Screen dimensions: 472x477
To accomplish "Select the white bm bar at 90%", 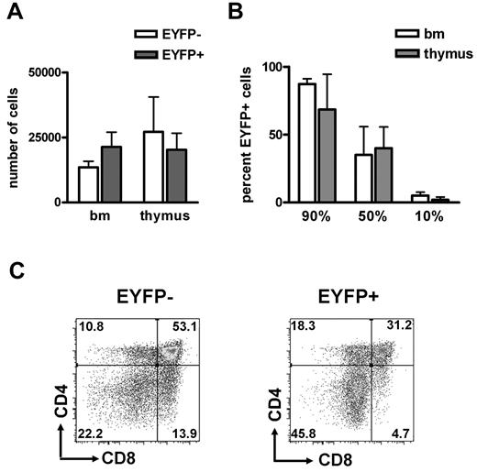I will point(332,143).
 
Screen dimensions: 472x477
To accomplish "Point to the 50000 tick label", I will point(46,72).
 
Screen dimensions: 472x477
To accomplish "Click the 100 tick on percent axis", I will point(292,68).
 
